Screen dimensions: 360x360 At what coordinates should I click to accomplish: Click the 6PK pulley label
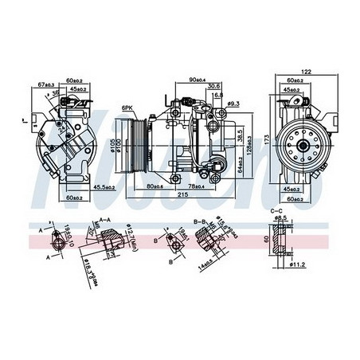pos(127,108)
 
